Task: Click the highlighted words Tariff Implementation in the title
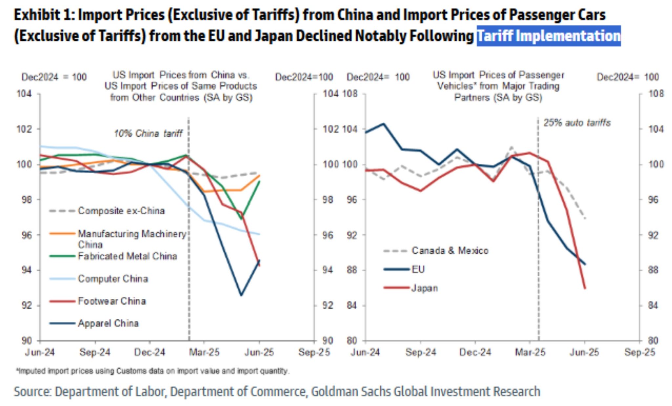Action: coord(548,36)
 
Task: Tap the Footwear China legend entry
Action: coord(112,301)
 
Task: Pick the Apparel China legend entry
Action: coord(108,323)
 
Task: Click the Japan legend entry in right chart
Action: coord(424,288)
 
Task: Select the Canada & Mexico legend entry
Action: coord(450,251)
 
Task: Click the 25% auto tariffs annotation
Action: coord(577,123)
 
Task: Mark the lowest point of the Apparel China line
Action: coord(241,295)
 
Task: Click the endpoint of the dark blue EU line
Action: coord(585,264)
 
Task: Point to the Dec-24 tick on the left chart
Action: coord(150,353)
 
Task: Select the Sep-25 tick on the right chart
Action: coord(640,353)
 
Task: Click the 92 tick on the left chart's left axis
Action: coord(27,306)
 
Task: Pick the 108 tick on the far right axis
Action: coord(656,94)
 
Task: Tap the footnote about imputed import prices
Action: coord(153,371)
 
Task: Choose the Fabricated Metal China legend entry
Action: coord(127,256)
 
